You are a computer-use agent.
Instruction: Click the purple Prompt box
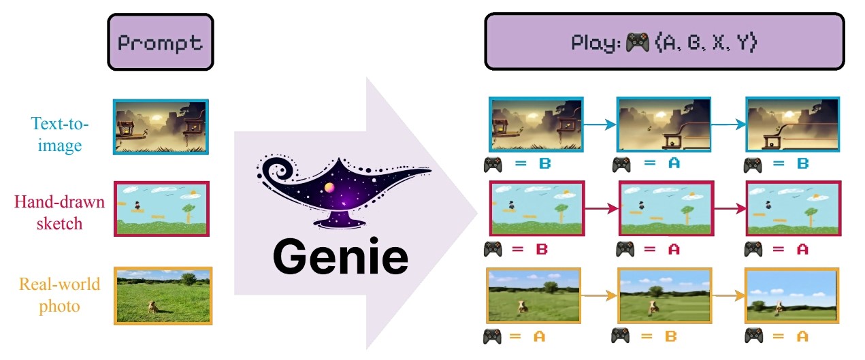161,42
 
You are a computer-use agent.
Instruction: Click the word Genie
340,257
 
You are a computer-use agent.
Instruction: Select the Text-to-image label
60,135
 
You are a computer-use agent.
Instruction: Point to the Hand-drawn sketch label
59,212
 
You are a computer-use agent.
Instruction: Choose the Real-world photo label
59,295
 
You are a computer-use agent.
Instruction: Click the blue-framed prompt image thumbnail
161,127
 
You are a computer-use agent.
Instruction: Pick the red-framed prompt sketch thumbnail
161,209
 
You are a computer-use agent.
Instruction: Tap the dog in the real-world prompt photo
153,307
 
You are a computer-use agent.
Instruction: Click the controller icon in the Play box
637,42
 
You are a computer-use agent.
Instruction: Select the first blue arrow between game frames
600,125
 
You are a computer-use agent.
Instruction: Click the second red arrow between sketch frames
730,209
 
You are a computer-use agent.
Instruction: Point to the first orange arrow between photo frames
599,296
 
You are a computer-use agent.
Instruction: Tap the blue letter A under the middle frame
674,163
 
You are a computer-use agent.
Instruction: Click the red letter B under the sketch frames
542,249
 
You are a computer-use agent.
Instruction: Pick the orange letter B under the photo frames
671,336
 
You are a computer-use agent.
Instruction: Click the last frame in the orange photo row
791,295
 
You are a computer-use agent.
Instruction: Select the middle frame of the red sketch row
666,208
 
